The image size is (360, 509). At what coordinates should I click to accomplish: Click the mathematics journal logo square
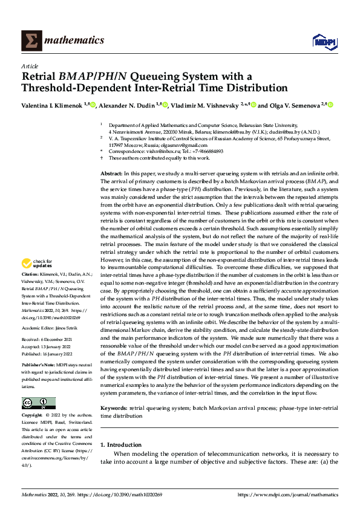pyautogui.click(x=30, y=41)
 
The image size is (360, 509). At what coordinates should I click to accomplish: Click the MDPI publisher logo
pyautogui.click(x=322, y=41)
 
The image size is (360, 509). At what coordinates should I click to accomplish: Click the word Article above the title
pyautogui.click(x=30, y=66)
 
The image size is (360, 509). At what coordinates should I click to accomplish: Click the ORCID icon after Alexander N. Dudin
pyautogui.click(x=165, y=105)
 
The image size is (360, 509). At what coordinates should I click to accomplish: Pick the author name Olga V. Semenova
pyautogui.click(x=295, y=105)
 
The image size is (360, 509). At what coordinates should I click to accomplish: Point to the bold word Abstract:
pyautogui.click(x=111, y=173)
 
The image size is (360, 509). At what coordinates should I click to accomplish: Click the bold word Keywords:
pyautogui.click(x=114, y=409)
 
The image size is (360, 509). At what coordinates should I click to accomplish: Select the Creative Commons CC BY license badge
pyautogui.click(x=38, y=402)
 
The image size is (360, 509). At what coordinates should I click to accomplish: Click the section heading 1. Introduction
pyautogui.click(x=121, y=444)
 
